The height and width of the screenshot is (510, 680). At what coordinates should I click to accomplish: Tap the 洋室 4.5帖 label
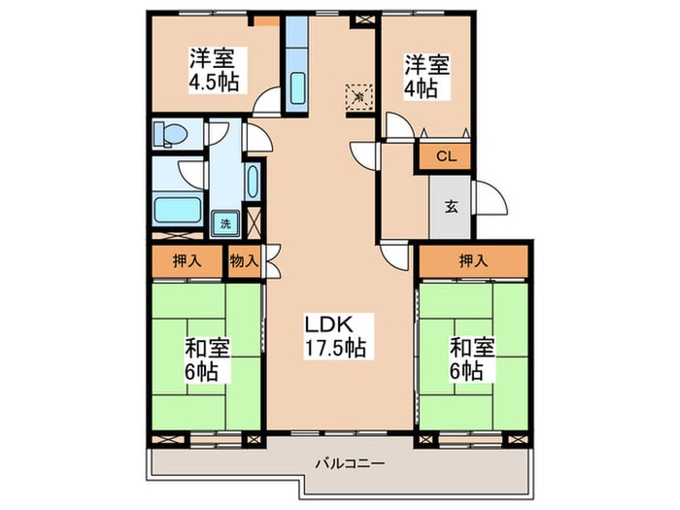(215, 67)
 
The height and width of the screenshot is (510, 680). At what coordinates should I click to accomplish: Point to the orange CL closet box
(444, 155)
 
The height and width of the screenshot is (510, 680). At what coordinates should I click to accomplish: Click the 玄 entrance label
(451, 205)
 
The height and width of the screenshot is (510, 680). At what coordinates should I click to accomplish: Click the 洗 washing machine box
(225, 222)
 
